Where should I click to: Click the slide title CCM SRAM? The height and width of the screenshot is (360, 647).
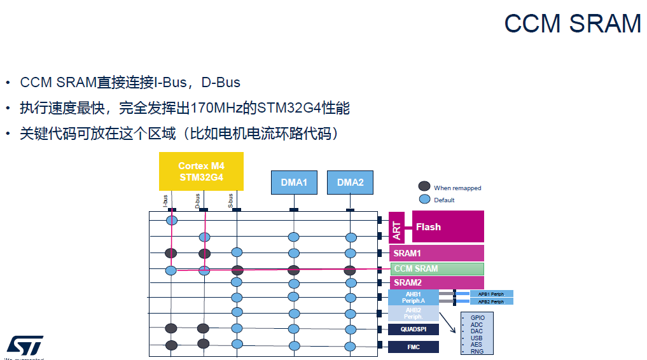point(572,24)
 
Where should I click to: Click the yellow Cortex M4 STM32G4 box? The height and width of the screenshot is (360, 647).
point(201,172)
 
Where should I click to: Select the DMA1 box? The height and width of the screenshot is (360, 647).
point(294,183)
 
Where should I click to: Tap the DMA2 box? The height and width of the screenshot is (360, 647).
point(350,183)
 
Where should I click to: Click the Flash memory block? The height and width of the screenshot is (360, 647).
point(448,227)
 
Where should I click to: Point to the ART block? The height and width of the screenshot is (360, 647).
point(396,227)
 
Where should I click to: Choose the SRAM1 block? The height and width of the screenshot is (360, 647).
point(436,253)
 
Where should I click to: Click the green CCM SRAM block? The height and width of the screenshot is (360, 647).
point(436,269)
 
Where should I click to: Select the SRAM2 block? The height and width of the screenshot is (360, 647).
point(436,282)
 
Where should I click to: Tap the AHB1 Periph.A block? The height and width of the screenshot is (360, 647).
point(414,297)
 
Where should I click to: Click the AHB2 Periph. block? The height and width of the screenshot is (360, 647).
point(414,313)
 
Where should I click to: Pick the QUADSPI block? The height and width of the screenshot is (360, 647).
point(414,329)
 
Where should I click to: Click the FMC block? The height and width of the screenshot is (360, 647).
point(414,347)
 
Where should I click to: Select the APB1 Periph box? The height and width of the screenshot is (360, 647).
point(491,294)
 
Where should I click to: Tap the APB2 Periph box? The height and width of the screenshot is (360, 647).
point(491,301)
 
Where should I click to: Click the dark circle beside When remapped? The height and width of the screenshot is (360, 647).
point(424,186)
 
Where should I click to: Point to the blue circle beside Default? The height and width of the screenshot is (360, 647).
point(424,199)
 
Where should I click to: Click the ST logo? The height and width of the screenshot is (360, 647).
point(25,345)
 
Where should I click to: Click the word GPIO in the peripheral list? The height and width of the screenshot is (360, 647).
point(477,317)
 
